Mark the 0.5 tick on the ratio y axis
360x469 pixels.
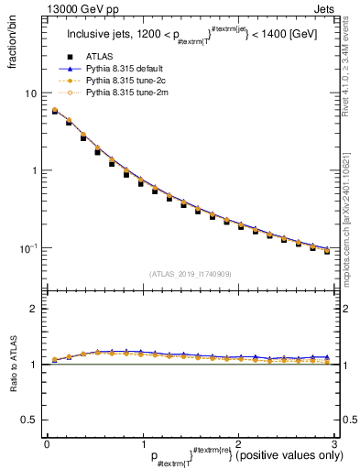point(29,420)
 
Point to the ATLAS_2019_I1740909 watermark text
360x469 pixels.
point(191,274)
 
